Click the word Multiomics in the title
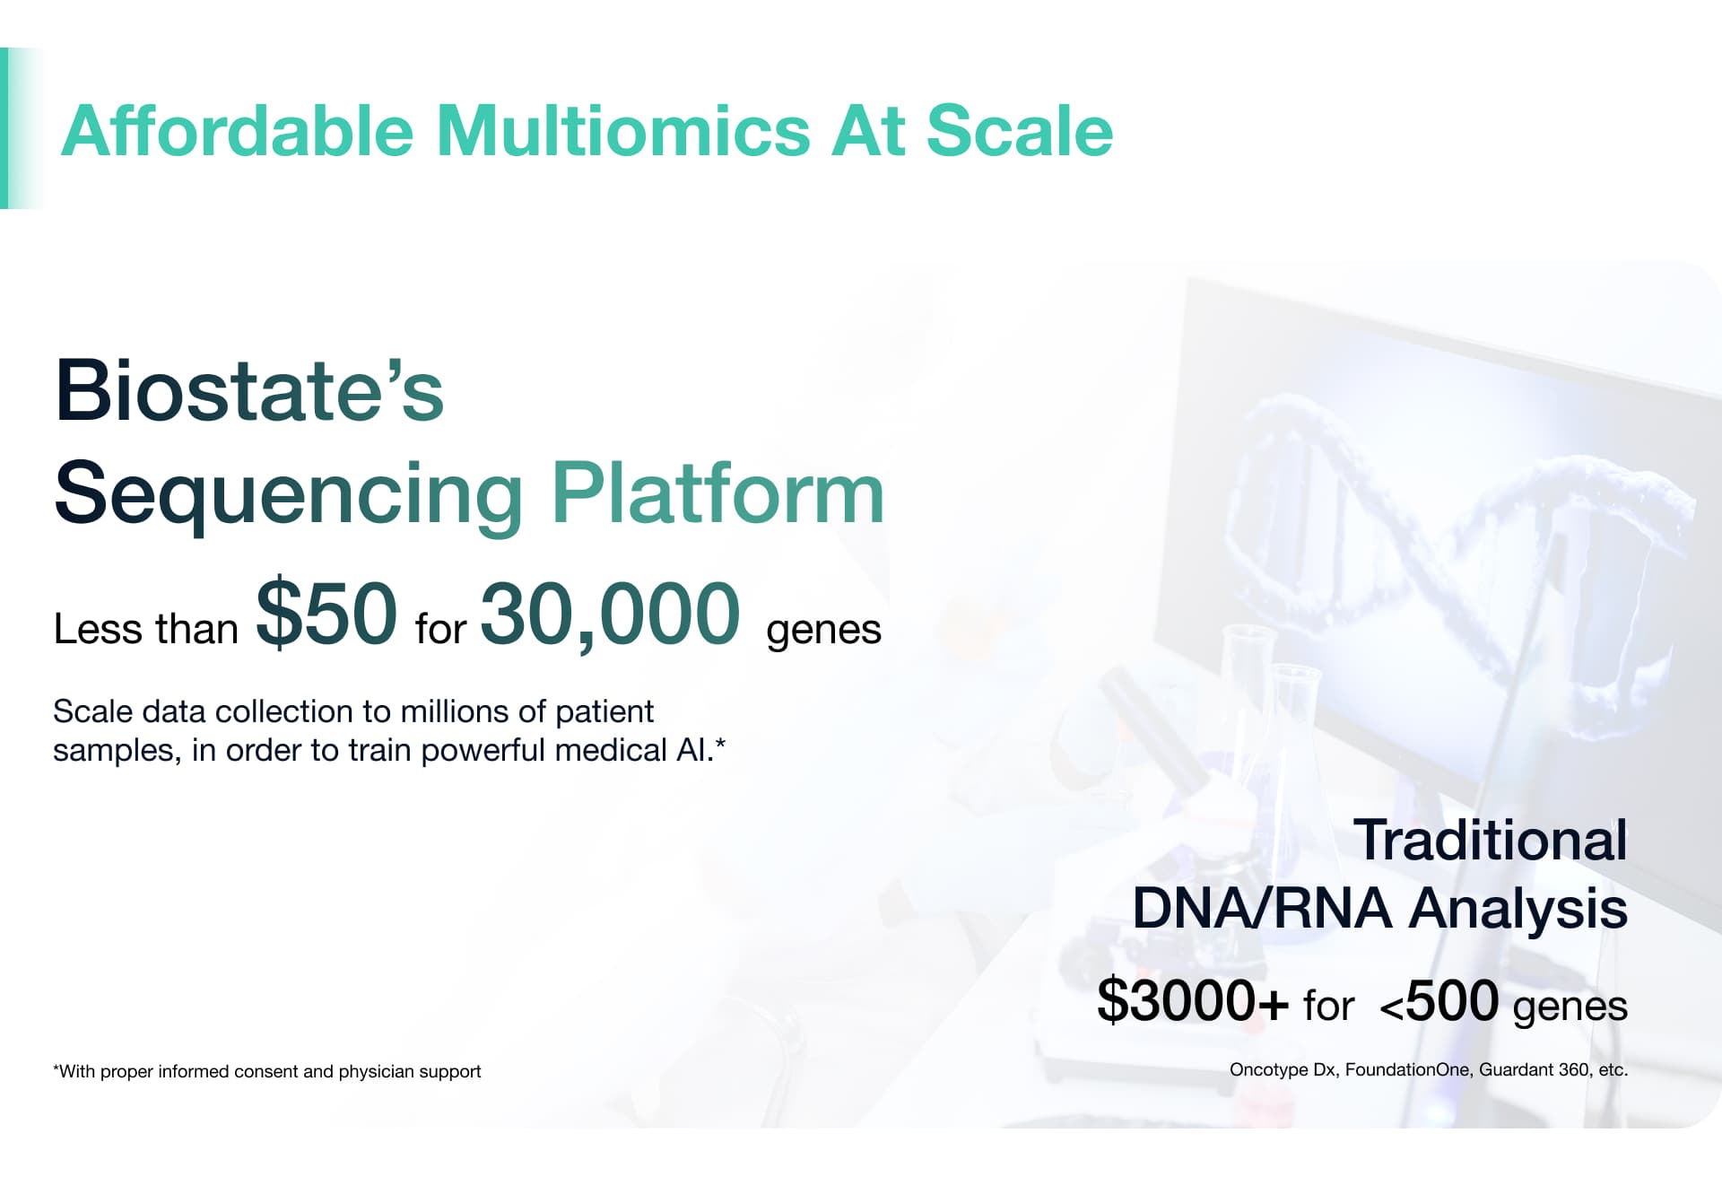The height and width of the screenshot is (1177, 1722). point(623,131)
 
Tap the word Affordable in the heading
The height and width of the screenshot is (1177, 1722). point(238,131)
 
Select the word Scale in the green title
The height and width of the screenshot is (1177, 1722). point(1019,131)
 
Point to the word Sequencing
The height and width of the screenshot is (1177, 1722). point(289,494)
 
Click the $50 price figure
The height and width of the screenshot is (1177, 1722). point(326,613)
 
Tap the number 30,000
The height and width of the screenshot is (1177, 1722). point(611,615)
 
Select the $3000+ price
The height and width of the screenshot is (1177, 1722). point(1193,1000)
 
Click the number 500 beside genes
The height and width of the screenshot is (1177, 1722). point(1451,1000)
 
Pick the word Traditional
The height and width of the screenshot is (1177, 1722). point(1490,841)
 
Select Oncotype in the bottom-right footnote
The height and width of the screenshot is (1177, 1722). point(1268,1069)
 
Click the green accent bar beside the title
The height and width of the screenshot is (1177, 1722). point(4,128)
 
